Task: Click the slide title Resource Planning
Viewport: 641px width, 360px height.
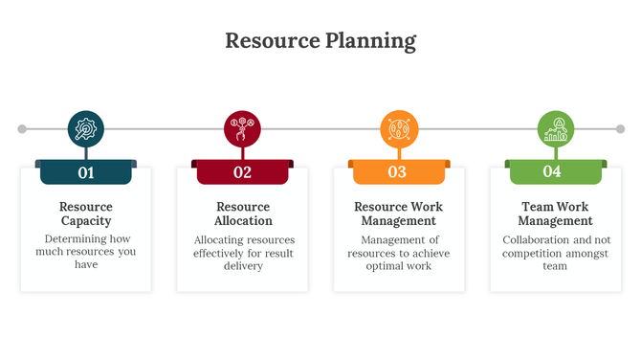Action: (x=320, y=41)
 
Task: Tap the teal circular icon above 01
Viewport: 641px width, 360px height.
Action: (x=86, y=128)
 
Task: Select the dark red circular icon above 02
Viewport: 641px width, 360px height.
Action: (x=242, y=128)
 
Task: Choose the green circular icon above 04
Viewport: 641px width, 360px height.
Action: (x=555, y=128)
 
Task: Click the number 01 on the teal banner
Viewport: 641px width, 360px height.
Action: (x=86, y=172)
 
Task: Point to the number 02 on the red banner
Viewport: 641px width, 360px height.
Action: (x=242, y=172)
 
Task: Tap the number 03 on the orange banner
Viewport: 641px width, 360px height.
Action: (x=397, y=172)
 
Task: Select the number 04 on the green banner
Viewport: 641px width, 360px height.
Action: (x=552, y=172)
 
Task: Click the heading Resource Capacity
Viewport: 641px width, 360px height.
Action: (x=86, y=214)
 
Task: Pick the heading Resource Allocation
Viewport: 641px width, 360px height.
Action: (x=243, y=214)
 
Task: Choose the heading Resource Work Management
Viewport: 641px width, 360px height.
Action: (x=398, y=214)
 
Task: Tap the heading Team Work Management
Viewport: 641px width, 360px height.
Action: (x=555, y=214)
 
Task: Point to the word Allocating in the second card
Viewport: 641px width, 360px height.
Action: (x=220, y=239)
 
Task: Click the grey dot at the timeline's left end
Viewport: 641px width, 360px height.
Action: (x=22, y=128)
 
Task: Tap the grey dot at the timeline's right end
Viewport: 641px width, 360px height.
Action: (x=619, y=128)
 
